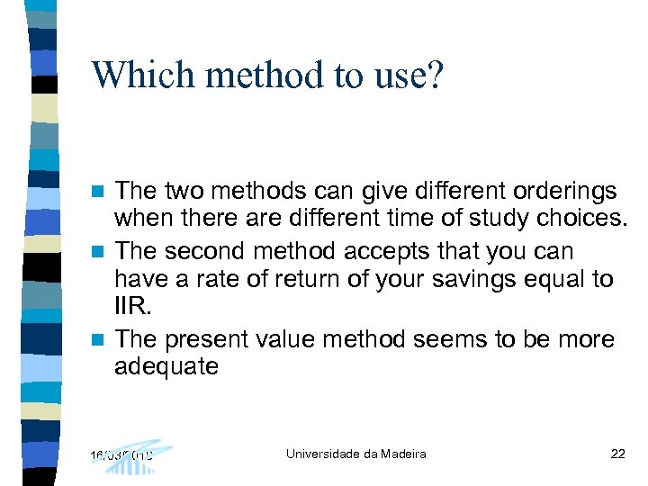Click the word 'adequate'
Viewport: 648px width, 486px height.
tap(166, 367)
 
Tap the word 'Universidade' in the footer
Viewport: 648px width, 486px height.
tap(324, 454)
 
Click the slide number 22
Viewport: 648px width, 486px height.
tap(617, 454)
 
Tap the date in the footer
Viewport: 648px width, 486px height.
tap(121, 454)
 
